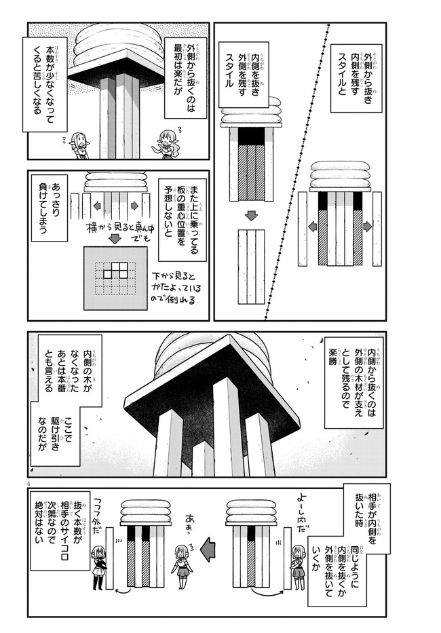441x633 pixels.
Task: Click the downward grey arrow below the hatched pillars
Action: (251, 216)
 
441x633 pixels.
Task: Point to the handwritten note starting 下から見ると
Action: (174, 286)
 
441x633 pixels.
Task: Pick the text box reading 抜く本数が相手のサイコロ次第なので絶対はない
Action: (56, 536)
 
